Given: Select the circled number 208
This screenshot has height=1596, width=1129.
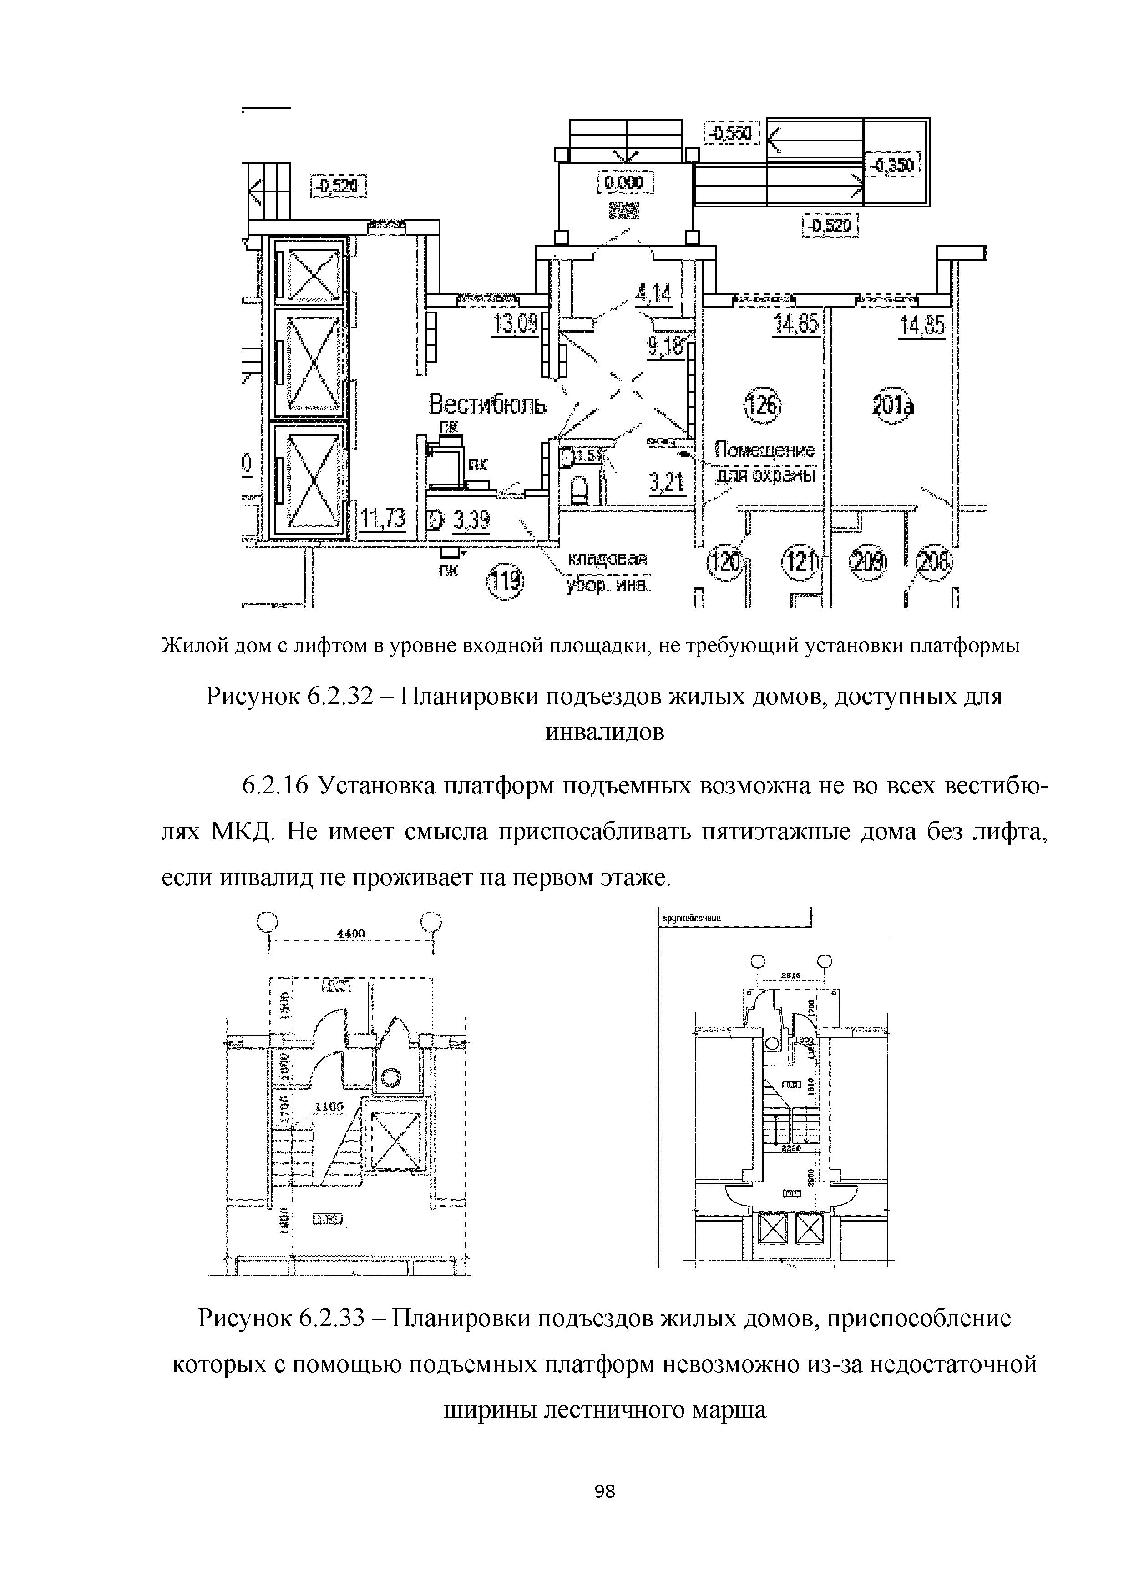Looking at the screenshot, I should pyautogui.click(x=934, y=562).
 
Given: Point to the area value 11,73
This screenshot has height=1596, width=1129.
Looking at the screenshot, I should pyautogui.click(x=382, y=519).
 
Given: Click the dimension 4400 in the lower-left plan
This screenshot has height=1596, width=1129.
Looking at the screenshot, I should pyautogui.click(x=351, y=934).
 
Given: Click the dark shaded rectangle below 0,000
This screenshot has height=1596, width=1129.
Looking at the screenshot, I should pyautogui.click(x=623, y=210).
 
